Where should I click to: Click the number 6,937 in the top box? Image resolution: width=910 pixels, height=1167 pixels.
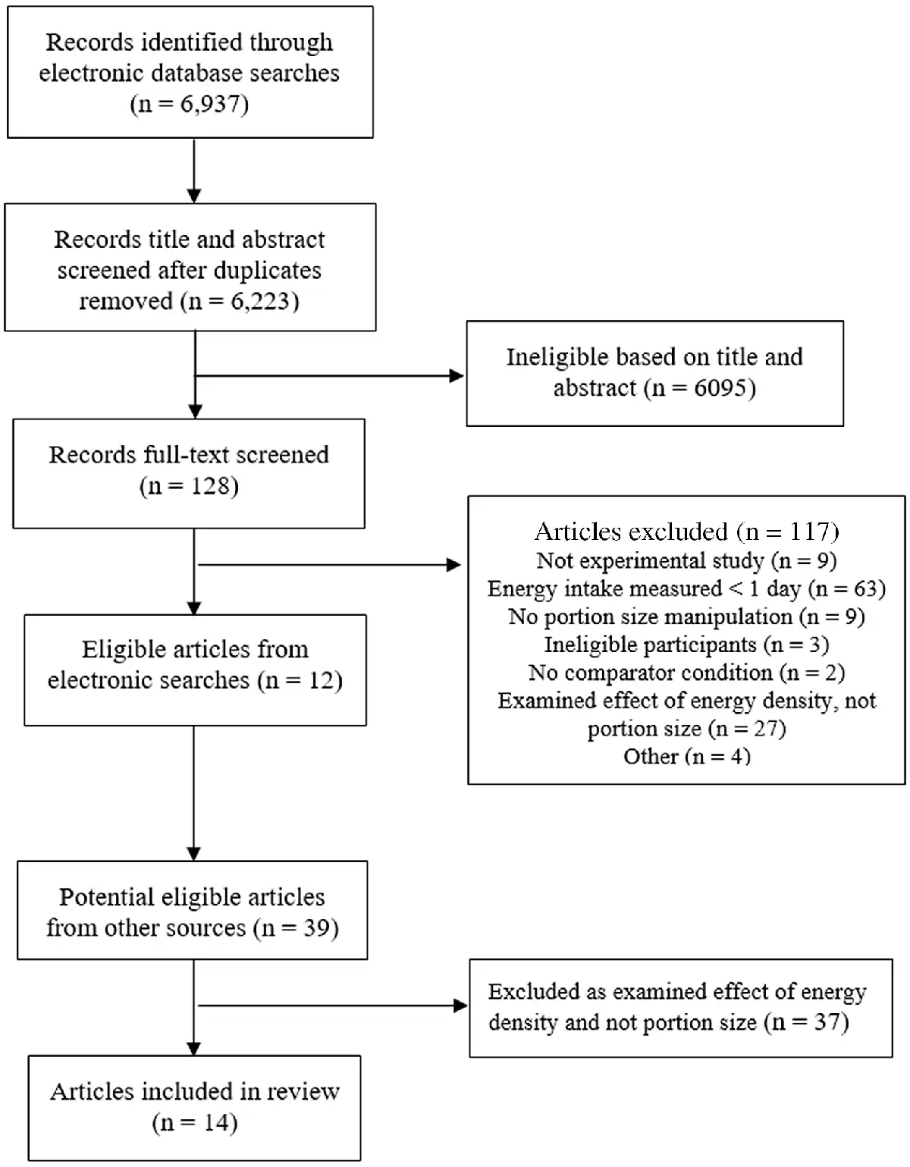(209, 104)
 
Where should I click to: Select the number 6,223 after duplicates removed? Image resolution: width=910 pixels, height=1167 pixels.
(260, 301)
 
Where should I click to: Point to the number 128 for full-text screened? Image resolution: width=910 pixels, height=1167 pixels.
(211, 486)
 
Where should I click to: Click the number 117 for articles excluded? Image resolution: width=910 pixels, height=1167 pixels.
(810, 532)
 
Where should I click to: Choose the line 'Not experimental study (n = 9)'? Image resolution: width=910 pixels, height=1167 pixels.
(686, 560)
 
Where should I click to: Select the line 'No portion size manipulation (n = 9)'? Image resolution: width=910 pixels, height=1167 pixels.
(686, 616)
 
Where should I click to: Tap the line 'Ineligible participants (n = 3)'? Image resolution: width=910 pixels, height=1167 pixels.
(686, 645)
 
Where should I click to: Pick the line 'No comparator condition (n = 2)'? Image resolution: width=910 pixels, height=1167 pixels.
(686, 673)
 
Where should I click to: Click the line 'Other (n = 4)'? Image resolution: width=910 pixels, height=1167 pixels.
(686, 756)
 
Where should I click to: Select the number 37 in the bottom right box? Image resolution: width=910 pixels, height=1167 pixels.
(827, 1022)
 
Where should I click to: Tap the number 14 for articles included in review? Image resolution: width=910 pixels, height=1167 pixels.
(216, 1123)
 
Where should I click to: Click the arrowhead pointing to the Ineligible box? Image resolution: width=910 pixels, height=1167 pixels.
(457, 375)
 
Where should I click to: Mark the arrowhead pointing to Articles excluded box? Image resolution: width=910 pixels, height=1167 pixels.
(453, 564)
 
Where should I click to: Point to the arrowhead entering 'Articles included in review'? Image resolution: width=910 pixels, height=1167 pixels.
(194, 1048)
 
